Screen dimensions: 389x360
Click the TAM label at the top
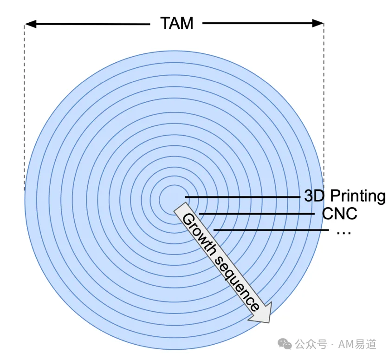point(177,23)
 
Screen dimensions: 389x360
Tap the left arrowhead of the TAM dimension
point(30,24)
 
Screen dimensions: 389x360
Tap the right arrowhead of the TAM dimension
point(318,23)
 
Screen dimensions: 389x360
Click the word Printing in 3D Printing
point(357,196)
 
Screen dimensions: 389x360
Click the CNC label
point(339,214)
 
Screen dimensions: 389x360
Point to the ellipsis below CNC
point(344,233)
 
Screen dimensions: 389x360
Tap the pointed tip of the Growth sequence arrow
point(269,323)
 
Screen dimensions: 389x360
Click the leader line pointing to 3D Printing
point(243,197)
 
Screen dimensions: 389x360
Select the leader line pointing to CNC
point(257,214)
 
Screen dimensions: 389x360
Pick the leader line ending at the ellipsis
point(271,230)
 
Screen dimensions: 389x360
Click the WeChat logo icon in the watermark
point(284,344)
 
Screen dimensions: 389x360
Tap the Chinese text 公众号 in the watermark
point(311,344)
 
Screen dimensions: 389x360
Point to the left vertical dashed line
point(24,107)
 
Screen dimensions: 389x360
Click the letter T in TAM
point(166,23)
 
